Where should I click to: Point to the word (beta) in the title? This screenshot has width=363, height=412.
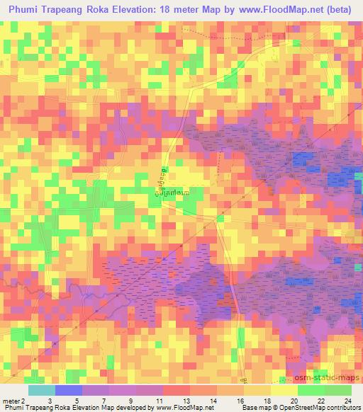point(336,9)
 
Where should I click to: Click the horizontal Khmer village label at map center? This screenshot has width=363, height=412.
point(174,192)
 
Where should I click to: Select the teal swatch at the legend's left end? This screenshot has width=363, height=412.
point(41,390)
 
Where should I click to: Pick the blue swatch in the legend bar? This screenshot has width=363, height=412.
point(69,390)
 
